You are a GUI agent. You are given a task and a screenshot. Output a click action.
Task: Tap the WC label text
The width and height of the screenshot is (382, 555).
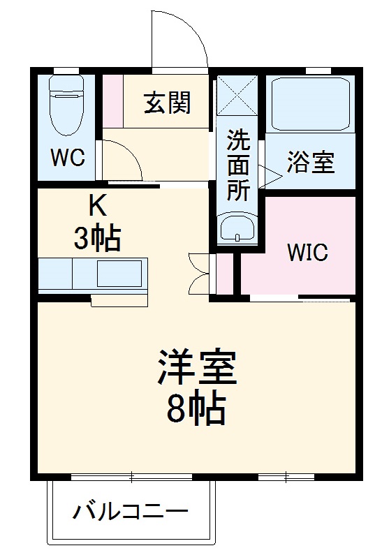pos(68,157)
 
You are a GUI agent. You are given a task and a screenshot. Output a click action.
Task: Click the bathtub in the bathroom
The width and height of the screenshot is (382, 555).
pos(309,103)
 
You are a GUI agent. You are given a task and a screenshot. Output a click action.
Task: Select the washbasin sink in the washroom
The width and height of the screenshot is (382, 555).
pos(237,228)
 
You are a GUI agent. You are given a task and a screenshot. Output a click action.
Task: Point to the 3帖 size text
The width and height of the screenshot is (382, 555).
pos(98,239)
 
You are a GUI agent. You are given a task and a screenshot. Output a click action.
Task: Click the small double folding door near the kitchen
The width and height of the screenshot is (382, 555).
pos(198,273)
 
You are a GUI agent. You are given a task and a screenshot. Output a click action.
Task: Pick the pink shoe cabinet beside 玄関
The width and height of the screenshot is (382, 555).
pos(112,101)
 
